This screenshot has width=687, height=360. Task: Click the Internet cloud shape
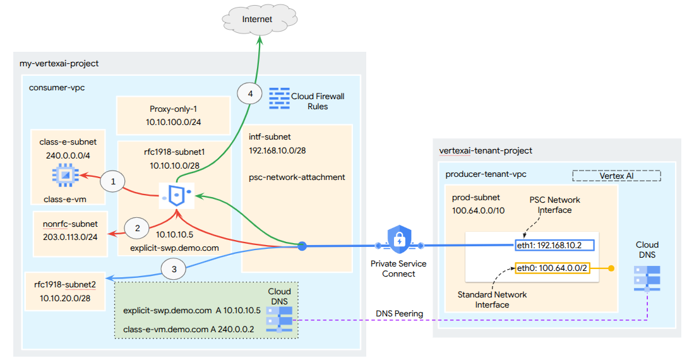click(257, 20)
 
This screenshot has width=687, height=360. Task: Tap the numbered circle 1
click(114, 182)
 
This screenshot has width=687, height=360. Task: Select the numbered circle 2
click(136, 227)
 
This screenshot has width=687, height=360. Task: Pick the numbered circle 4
click(250, 94)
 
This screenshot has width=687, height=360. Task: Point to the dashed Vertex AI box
click(616, 176)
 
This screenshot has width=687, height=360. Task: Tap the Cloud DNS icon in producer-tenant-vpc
click(647, 277)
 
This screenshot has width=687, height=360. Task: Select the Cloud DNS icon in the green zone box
click(278, 320)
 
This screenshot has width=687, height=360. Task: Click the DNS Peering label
click(399, 313)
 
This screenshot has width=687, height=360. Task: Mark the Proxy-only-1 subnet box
click(174, 115)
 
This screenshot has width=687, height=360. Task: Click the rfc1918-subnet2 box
click(64, 291)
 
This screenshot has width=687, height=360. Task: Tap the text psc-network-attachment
click(297, 177)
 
